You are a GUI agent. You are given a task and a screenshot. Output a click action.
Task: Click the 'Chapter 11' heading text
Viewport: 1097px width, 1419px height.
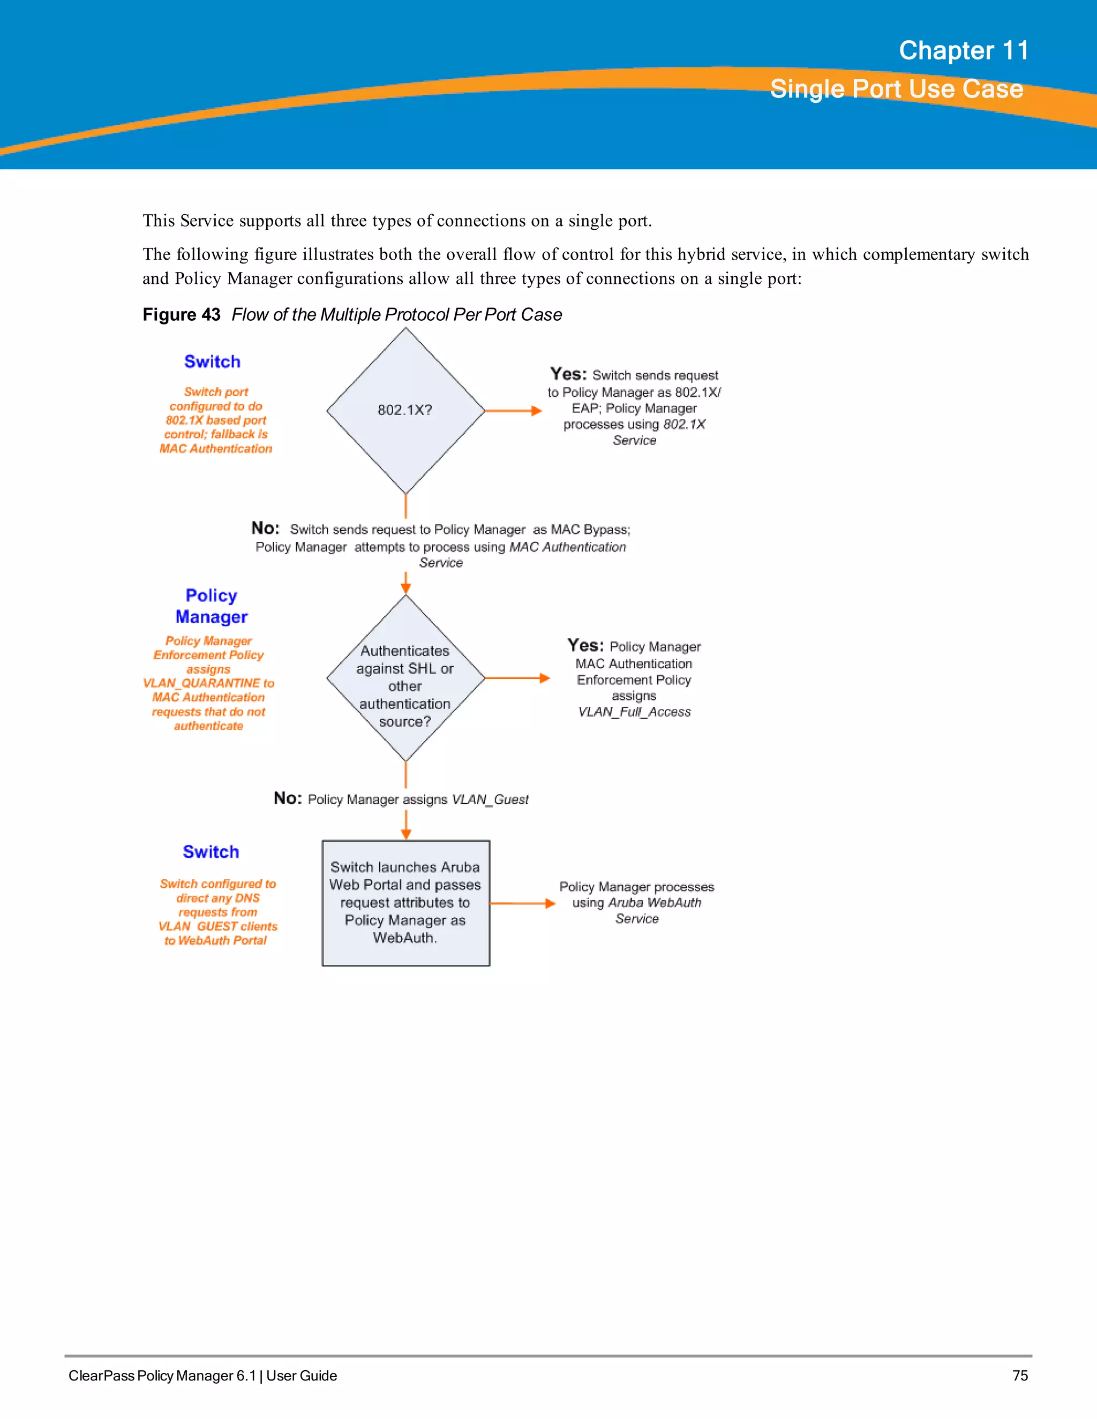[x=963, y=51]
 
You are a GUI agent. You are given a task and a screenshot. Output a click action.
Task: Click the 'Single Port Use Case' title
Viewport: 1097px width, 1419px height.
[x=896, y=89]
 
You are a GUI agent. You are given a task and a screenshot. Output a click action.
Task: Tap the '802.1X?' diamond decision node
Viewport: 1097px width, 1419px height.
[x=405, y=410]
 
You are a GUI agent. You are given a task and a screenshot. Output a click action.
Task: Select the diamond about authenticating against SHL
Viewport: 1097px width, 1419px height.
[x=405, y=678]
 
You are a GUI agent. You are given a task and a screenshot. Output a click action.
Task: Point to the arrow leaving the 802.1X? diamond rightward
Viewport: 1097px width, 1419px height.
[x=513, y=411]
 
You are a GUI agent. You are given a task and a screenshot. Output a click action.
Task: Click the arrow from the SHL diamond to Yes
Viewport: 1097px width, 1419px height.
[x=517, y=678]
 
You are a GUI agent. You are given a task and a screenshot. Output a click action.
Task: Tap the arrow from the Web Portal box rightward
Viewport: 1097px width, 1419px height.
[x=522, y=903]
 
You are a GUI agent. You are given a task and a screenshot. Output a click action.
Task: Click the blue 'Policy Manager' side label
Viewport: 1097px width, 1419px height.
[x=211, y=606]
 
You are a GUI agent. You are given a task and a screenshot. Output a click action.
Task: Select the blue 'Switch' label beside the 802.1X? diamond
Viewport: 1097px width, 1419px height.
[x=212, y=362]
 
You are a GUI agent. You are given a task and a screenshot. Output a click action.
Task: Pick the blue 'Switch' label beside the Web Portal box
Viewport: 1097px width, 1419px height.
[x=211, y=852]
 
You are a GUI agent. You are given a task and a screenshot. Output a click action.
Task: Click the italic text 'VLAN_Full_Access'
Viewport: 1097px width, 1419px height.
[x=634, y=712]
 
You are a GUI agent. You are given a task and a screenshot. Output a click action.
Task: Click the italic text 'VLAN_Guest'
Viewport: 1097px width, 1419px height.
[x=490, y=800]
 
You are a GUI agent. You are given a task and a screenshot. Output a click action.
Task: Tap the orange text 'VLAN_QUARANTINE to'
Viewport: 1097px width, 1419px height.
[x=208, y=683]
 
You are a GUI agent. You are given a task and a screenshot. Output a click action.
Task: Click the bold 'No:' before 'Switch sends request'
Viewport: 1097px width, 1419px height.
[x=265, y=528]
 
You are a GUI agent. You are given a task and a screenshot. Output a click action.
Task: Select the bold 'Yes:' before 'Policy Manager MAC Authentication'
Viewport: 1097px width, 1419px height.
[x=585, y=645]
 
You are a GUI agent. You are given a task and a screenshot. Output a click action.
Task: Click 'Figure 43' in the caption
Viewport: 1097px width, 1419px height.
[x=182, y=315]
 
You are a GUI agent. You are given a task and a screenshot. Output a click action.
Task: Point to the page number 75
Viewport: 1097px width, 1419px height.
[x=1020, y=1376]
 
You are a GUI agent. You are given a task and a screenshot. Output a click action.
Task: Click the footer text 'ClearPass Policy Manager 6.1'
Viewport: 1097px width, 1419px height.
[x=162, y=1376]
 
